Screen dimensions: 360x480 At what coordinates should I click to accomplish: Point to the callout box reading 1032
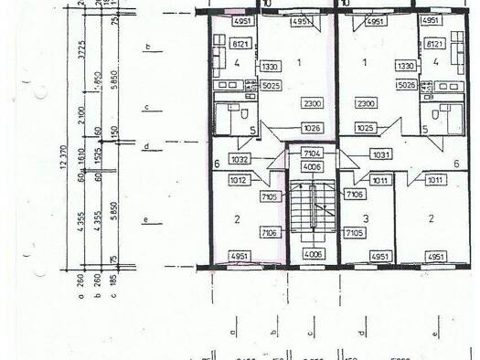(x=240, y=159)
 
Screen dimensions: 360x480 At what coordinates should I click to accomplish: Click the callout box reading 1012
(x=239, y=181)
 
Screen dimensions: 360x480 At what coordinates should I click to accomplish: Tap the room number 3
(x=366, y=217)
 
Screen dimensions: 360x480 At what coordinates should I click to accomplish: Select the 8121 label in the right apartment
(x=433, y=43)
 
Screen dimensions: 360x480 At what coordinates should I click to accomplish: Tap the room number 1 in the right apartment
(x=367, y=62)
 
